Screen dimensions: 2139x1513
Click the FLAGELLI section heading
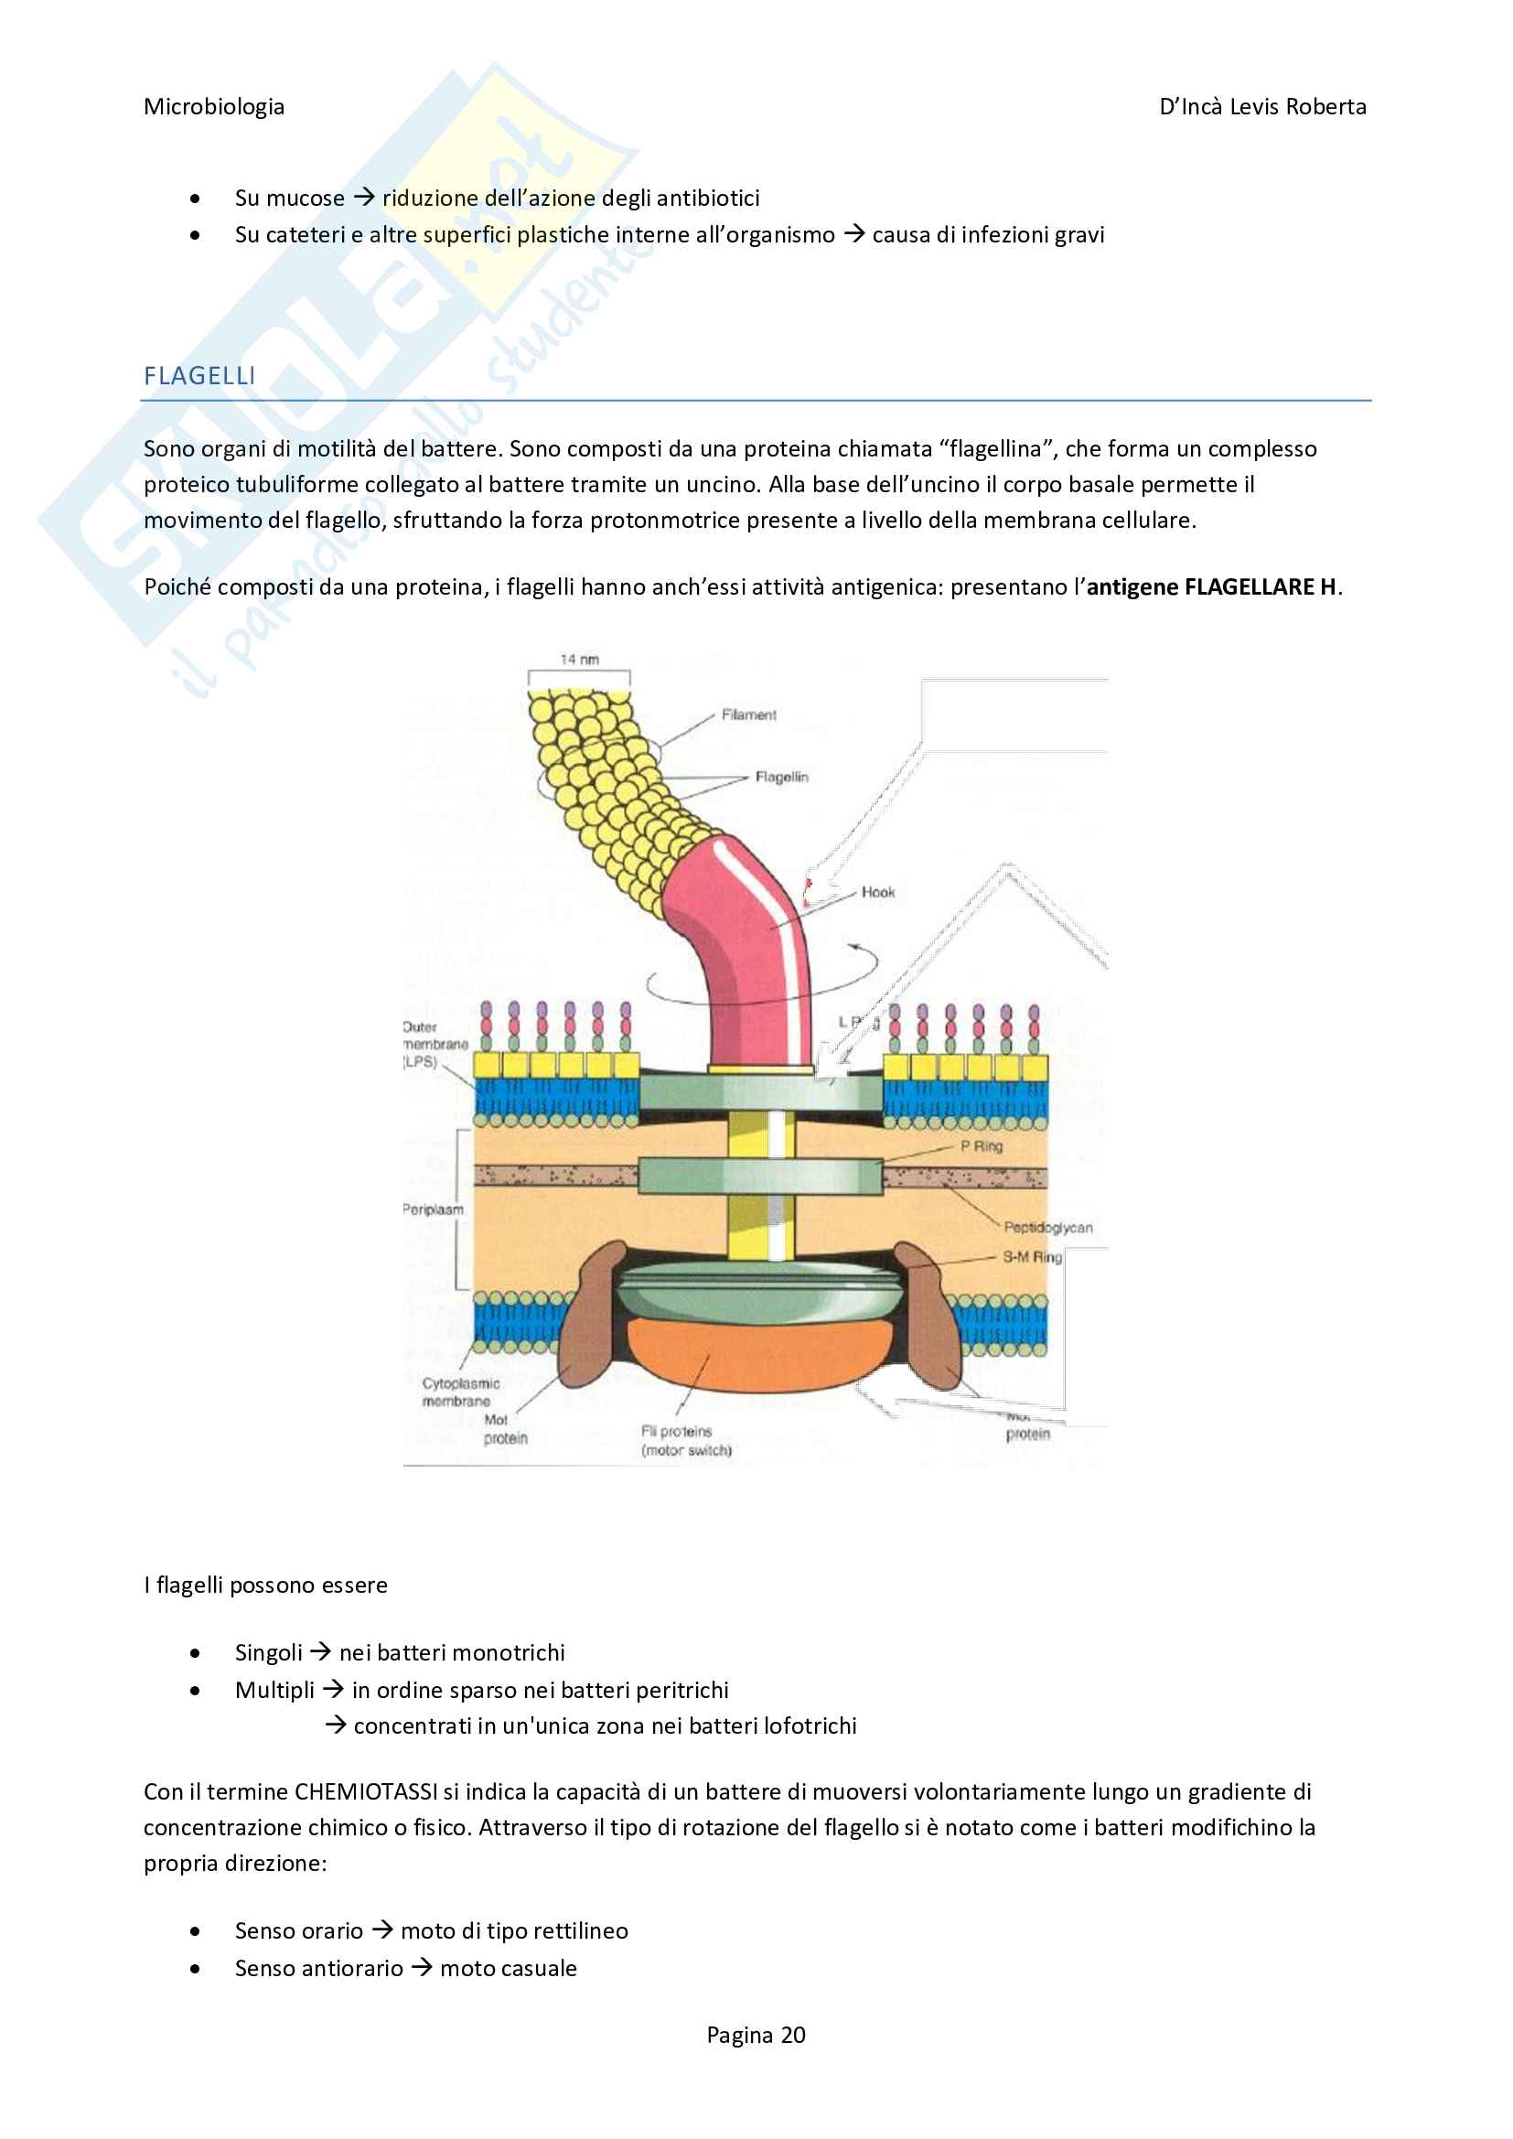[199, 375]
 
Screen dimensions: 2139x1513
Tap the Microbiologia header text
[214, 107]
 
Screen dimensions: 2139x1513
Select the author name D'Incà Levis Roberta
[1262, 107]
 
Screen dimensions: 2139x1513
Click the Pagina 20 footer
[756, 2035]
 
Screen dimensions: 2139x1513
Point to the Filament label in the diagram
[748, 715]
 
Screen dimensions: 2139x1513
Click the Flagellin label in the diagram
[781, 777]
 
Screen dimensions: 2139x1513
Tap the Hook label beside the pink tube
[877, 893]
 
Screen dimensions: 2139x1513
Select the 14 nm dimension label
[579, 660]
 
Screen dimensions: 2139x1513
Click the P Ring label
[981, 1145]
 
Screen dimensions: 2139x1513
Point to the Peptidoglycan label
[1048, 1228]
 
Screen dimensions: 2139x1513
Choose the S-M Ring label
[1031, 1257]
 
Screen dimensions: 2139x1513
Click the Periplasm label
[434, 1209]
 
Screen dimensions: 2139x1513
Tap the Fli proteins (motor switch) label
[686, 1440]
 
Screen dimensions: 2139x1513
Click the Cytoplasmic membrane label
[460, 1392]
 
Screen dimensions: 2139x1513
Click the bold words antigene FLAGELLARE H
[1211, 587]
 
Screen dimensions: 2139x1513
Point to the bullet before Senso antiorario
[195, 1969]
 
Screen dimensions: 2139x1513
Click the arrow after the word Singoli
[320, 1651]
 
